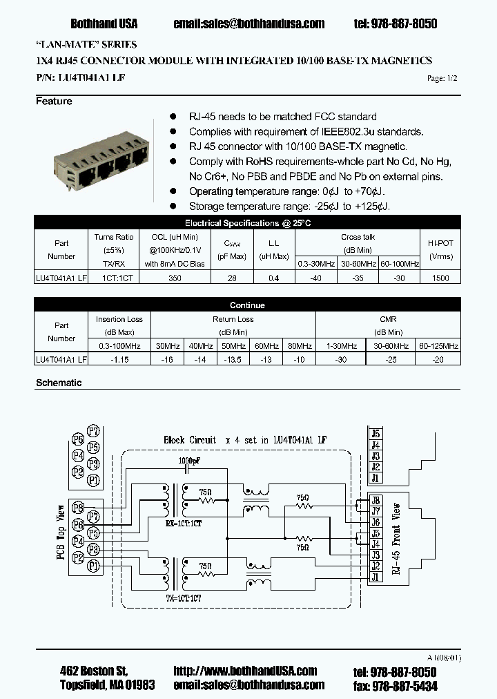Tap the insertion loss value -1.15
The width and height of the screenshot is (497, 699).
(x=119, y=359)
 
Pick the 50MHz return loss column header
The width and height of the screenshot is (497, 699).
(x=233, y=345)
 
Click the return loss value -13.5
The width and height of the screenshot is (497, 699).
(x=233, y=359)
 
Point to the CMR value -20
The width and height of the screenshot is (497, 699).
(x=438, y=359)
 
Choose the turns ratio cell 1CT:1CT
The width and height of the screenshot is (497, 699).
(x=114, y=278)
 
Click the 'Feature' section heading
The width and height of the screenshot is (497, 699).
(x=54, y=102)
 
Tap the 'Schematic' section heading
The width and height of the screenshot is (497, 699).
(x=59, y=383)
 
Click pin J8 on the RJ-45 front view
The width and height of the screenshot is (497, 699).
(x=375, y=501)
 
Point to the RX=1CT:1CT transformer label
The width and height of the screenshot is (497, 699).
(x=183, y=523)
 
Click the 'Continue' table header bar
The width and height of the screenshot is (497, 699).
(x=247, y=305)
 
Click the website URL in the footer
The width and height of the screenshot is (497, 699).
(x=245, y=671)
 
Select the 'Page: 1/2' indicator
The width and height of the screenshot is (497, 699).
(x=442, y=78)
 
